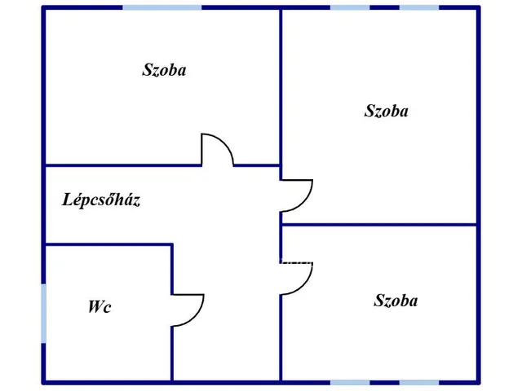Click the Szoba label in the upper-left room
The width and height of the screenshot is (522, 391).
[x=164, y=70]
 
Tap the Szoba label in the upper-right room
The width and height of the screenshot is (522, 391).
[x=386, y=111]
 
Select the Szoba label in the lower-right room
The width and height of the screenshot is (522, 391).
[x=396, y=301]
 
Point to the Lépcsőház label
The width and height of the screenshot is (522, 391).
[x=101, y=200]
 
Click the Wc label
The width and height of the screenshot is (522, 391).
[x=100, y=306]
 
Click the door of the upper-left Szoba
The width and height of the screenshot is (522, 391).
[x=223, y=143]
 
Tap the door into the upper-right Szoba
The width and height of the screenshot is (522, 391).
[x=303, y=204]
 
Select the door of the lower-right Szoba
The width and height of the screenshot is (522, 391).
[x=303, y=287]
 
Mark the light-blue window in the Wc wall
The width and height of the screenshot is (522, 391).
[x=43, y=314]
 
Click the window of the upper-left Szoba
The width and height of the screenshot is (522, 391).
[x=162, y=7]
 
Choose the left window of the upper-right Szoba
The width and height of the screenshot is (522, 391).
[x=350, y=7]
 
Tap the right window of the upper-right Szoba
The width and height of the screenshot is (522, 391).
[x=419, y=7]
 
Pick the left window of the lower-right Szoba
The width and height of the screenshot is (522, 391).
[x=350, y=383]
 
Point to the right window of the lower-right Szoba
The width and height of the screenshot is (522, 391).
[x=419, y=383]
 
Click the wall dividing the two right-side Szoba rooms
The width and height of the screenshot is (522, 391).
[x=379, y=225]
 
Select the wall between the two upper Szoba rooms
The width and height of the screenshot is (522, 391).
[x=281, y=86]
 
